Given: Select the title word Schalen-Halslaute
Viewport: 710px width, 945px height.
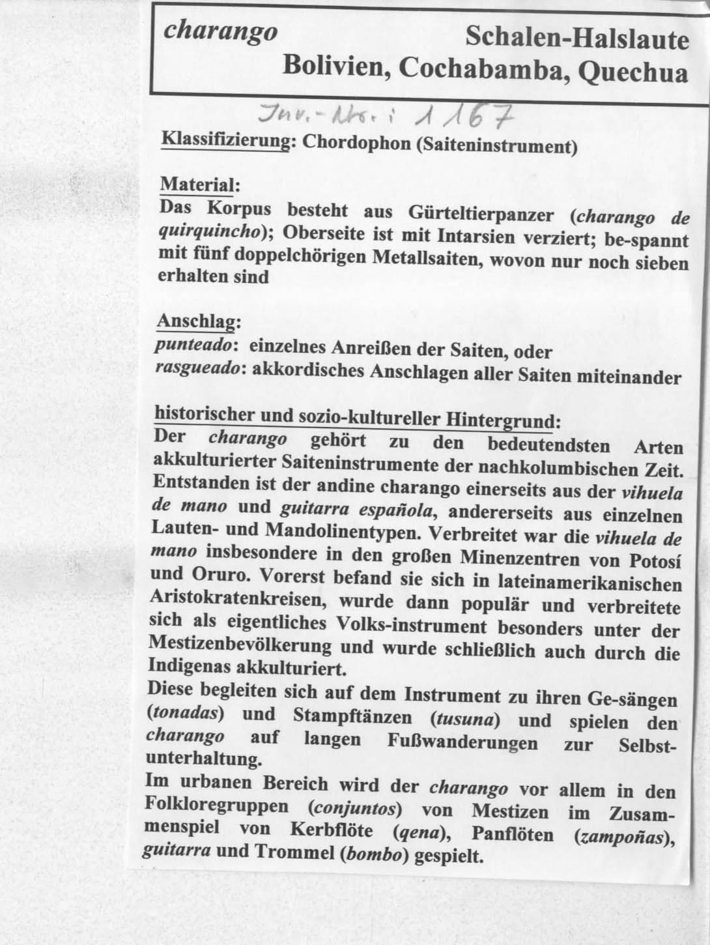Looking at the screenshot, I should point(577,40).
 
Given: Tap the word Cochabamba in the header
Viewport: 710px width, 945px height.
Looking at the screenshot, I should point(481,68).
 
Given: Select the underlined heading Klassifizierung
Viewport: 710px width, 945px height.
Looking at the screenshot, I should point(225,141).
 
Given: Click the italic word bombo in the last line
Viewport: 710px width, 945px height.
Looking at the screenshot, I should point(373,855).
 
